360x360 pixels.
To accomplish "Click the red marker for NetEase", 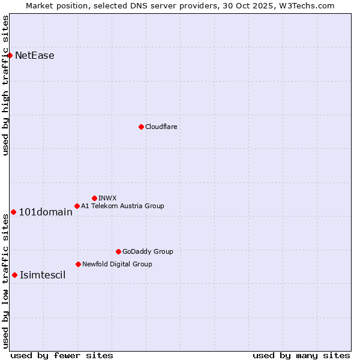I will click(x=10, y=56).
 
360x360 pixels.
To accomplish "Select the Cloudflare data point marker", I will click(x=141, y=127).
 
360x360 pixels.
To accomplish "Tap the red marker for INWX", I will click(x=94, y=198).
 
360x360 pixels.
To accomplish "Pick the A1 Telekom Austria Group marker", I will click(x=77, y=206).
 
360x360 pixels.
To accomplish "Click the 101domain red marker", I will click(x=13, y=212).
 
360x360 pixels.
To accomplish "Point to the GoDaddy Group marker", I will click(x=118, y=251).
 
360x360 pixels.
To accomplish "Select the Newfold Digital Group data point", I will click(x=78, y=264).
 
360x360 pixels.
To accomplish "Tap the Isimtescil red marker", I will click(x=14, y=275).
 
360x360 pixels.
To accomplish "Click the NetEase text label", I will click(x=34, y=56).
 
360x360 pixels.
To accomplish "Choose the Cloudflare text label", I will click(x=161, y=127).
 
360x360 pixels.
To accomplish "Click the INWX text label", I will click(x=107, y=198).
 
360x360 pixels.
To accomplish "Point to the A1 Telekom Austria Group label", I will click(x=122, y=206).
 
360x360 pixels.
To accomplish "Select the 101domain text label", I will click(x=46, y=212).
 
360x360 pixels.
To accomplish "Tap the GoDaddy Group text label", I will click(x=147, y=251).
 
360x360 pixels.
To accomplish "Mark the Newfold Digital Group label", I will click(x=117, y=264).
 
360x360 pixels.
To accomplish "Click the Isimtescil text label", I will click(x=43, y=275).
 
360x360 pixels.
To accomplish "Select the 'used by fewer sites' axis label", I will click(x=62, y=355).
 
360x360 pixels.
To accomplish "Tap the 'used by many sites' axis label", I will click(x=301, y=355).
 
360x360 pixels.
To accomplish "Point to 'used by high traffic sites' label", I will click(x=5, y=85).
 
